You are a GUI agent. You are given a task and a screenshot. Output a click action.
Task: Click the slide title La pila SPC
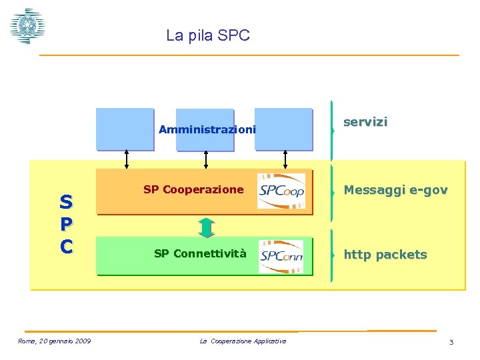[207, 35]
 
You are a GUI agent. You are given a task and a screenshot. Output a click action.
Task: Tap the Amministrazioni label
[207, 129]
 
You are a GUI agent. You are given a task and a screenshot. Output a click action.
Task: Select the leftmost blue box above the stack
[125, 129]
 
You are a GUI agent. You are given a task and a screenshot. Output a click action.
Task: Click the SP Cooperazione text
[193, 189]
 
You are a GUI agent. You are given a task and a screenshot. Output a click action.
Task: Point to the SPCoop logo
[281, 191]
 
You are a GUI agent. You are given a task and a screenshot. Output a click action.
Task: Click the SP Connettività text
[200, 253]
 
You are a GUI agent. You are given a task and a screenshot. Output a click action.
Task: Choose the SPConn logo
[281, 256]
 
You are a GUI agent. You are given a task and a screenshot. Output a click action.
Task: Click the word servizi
[365, 122]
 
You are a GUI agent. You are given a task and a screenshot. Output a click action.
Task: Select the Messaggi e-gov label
[395, 191]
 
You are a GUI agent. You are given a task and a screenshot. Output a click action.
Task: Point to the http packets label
[385, 255]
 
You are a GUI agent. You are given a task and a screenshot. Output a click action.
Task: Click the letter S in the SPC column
[65, 201]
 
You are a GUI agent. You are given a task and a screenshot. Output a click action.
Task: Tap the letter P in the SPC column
[65, 223]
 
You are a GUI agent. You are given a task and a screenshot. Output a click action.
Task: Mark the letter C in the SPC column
[65, 246]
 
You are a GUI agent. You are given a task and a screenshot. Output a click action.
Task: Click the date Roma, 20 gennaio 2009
[54, 342]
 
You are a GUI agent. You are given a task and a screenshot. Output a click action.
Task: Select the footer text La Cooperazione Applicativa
[243, 341]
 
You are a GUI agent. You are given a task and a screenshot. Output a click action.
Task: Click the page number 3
[451, 343]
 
